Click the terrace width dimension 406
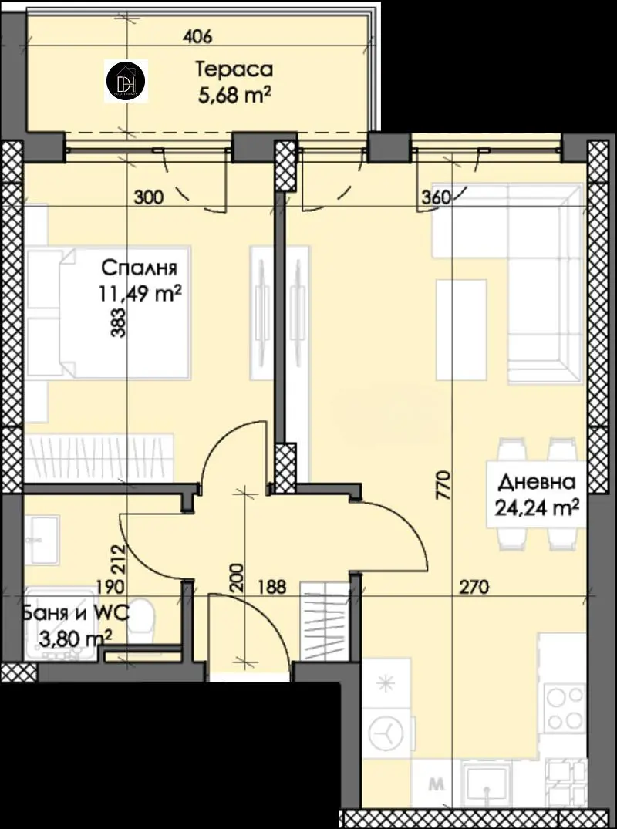coord(197,36)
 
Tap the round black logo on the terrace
coord(126,80)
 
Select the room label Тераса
coord(234,69)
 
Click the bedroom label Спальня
coord(139,268)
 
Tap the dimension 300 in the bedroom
coord(149,197)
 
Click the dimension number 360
coord(437,197)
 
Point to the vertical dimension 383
coord(120,323)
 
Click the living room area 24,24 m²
coord(537,508)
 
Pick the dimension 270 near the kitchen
coord(474,587)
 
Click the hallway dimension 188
coord(271,587)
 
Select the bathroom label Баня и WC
coord(75,613)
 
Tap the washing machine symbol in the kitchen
coord(386,734)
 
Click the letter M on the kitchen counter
coord(437,784)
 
